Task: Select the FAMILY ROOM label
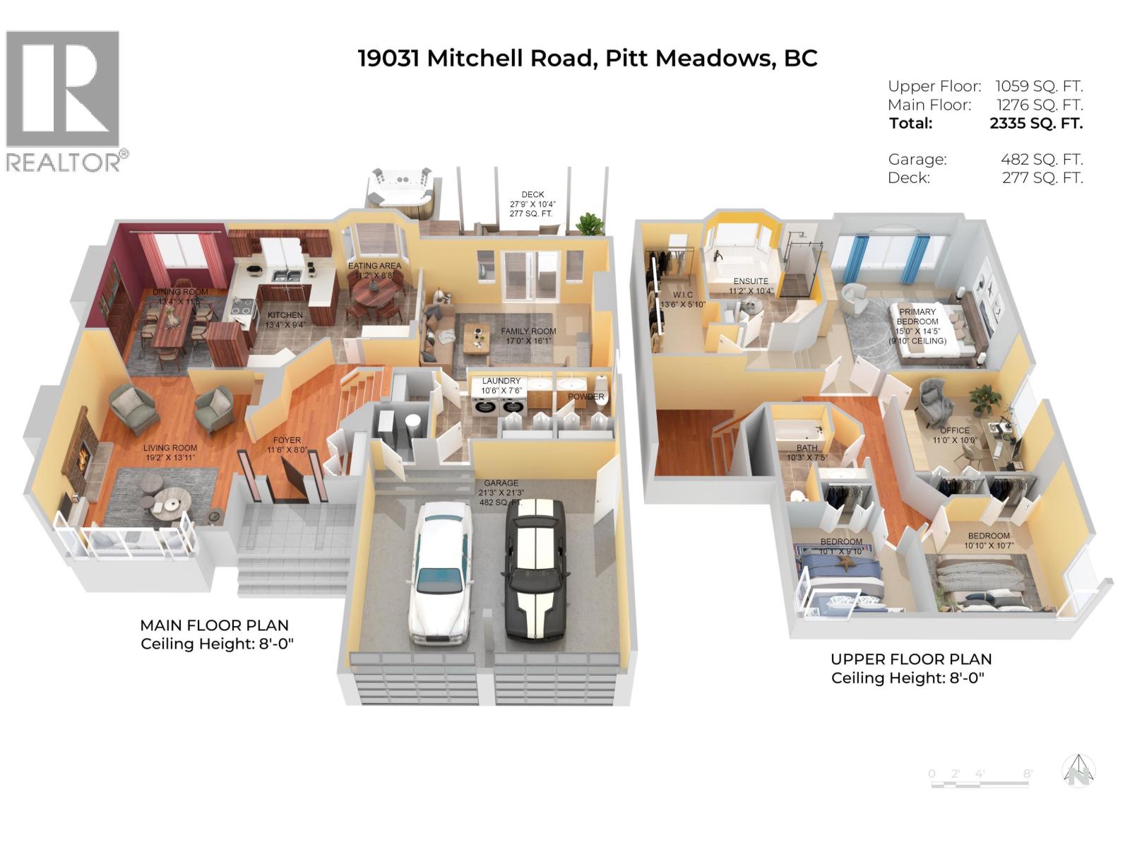coord(528,331)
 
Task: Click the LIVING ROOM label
coord(169,447)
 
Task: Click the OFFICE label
coord(954,430)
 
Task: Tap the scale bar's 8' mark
coord(1027,774)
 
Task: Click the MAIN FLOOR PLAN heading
coord(214,625)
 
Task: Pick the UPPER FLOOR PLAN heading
coord(911,659)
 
